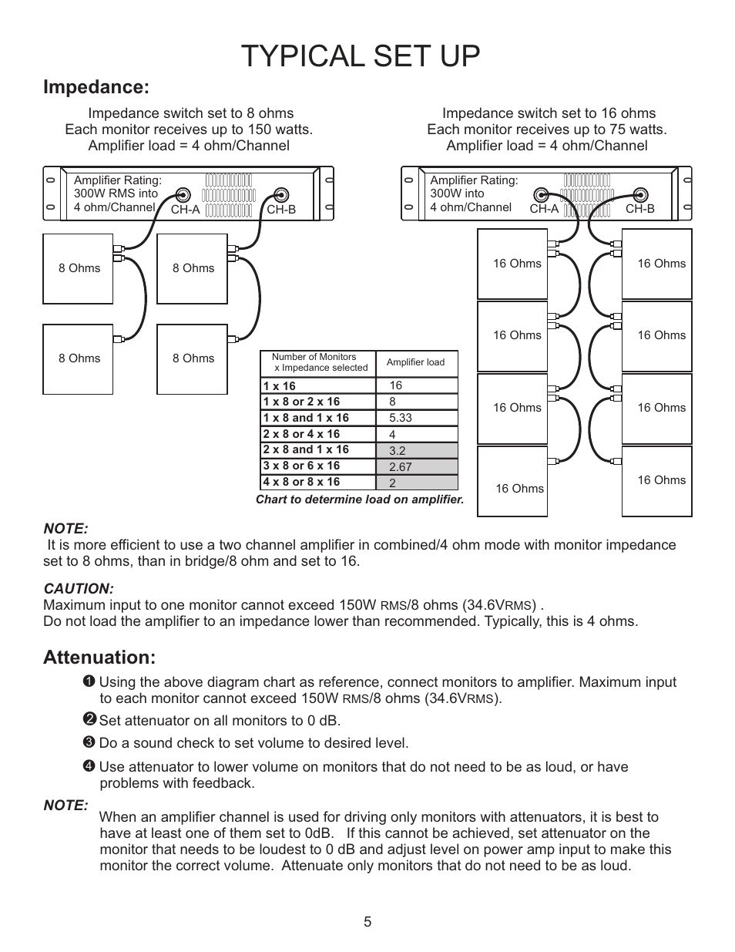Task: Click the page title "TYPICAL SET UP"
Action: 360,57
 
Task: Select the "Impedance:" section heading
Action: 96,87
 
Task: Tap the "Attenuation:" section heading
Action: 99,658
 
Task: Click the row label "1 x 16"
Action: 279,386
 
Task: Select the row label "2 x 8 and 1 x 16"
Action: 306,449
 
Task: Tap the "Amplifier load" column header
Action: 415,362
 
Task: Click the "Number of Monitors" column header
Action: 314,357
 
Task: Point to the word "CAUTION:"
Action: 79,589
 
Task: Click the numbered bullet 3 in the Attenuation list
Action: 89,743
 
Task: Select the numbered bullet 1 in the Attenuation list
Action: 89,681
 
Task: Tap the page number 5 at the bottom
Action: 367,922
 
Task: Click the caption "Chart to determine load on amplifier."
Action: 360,500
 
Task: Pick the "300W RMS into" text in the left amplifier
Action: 116,193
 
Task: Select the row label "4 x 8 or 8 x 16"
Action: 301,482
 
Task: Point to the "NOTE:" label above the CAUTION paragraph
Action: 65,529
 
